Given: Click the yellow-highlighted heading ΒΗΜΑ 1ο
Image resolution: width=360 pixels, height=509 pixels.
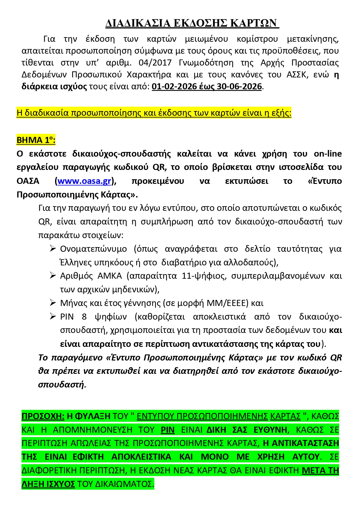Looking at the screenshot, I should click(36, 140).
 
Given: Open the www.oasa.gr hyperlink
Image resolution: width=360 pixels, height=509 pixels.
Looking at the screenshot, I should click(84, 181).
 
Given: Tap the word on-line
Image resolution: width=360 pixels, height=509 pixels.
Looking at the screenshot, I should click(328, 154).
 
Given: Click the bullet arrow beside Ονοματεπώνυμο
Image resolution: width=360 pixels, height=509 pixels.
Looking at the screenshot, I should click(53, 249).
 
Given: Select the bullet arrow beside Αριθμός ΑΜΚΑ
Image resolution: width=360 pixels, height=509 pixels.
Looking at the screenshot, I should click(53, 276).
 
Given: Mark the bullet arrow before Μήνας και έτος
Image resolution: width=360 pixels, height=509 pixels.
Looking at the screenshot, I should click(53, 303).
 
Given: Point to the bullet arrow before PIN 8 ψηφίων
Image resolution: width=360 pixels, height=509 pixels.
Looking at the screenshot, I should click(53, 316).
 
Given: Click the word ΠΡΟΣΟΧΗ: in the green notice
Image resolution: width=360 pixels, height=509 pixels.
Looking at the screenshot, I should click(43, 416).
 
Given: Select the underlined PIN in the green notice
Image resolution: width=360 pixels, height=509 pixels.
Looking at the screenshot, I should click(168, 430).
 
